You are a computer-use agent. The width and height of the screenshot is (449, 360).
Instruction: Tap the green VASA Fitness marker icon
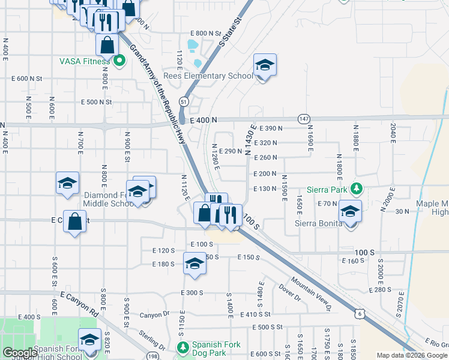click(119, 60)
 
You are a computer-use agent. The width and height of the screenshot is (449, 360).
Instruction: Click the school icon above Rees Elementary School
click(265, 65)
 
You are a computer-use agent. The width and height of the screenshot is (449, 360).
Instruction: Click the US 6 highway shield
click(359, 313)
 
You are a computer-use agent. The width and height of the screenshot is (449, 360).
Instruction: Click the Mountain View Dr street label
click(312, 294)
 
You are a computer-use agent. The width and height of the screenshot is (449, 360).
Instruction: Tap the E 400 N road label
click(202, 121)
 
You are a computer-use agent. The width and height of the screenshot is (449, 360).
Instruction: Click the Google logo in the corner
click(19, 353)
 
